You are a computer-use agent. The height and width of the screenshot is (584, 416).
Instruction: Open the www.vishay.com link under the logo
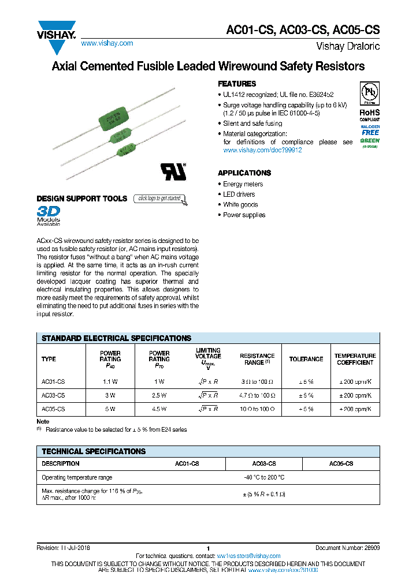[107, 43]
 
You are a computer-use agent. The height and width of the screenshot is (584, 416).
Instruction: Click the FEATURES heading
[236, 84]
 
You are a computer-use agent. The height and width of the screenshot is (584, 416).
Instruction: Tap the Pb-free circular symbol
[370, 93]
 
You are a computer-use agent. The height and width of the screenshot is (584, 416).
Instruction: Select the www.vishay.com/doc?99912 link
[262, 150]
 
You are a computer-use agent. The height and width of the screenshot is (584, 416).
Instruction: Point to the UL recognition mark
[173, 171]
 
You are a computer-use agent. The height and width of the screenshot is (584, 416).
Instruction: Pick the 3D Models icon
[49, 214]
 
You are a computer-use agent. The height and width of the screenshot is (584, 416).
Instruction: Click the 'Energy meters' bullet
[243, 184]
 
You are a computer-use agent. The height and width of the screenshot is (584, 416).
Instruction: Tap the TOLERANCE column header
[306, 359]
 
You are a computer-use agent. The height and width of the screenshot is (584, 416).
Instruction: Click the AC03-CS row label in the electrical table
[53, 395]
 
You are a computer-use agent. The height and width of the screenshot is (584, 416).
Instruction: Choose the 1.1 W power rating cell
[110, 382]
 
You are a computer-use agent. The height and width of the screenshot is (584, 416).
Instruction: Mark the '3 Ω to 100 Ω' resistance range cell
[257, 382]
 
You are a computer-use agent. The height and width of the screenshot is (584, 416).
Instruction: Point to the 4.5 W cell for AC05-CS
[159, 409]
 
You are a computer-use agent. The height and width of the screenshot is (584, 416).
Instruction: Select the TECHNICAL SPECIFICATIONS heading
[94, 451]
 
